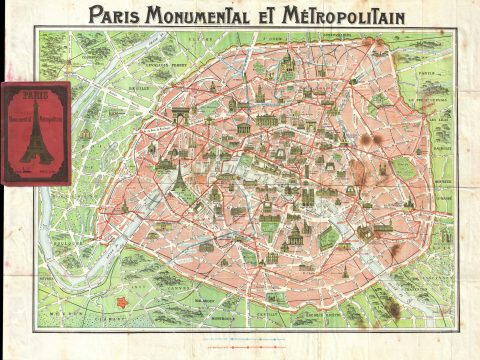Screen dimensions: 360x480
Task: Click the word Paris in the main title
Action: click(112, 15)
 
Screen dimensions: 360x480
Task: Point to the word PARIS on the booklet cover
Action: click(35, 97)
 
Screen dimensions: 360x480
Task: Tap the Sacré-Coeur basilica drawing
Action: click(287, 68)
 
